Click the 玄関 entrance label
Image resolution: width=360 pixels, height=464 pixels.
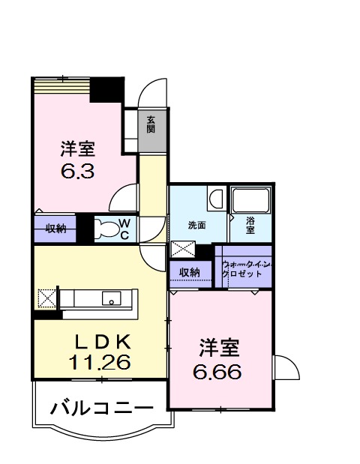[x=151, y=124]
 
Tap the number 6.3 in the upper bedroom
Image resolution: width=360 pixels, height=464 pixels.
[x=77, y=170]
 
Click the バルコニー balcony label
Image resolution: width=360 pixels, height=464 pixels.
[x=102, y=409]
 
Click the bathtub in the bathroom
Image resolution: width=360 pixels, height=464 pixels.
[x=250, y=200]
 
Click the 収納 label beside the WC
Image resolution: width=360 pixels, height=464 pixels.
[x=55, y=229]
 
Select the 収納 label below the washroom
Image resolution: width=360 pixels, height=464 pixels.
[x=190, y=272]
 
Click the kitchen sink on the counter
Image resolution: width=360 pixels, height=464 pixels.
[x=112, y=299]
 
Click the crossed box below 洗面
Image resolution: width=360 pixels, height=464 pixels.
[x=182, y=250]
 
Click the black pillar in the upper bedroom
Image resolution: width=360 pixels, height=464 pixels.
[x=106, y=89]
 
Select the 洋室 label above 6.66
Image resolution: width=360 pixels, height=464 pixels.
[x=219, y=348]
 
